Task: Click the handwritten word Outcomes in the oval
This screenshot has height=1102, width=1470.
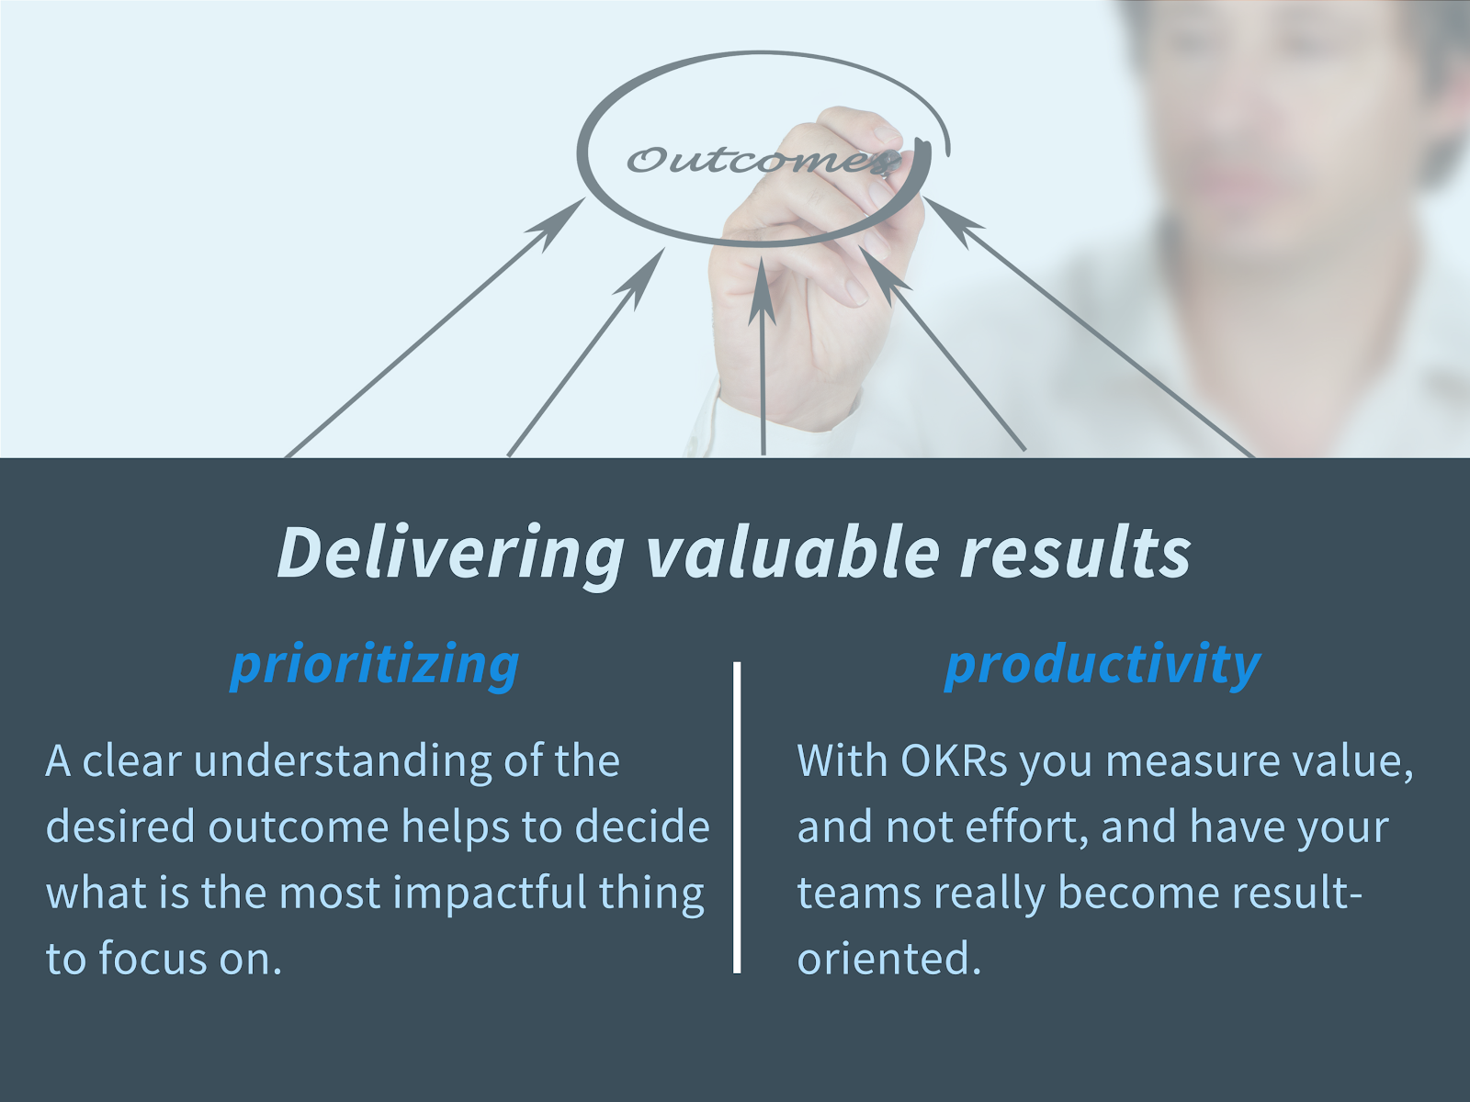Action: tap(763, 160)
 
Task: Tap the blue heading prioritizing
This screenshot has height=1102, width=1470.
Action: tap(375, 665)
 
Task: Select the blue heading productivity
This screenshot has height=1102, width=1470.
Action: tap(1102, 665)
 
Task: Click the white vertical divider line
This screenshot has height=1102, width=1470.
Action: tap(737, 817)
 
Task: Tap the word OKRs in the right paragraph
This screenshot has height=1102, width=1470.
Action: tap(954, 761)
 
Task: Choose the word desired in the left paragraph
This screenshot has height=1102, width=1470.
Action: tap(119, 827)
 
